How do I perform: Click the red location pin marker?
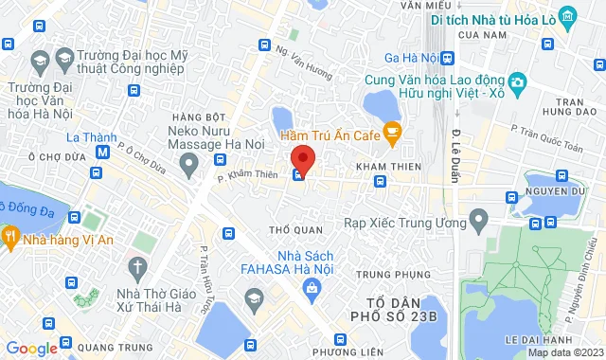click(x=302, y=157)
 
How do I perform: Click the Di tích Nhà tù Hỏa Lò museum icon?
click(x=567, y=16)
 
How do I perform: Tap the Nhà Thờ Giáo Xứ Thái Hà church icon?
click(x=137, y=266)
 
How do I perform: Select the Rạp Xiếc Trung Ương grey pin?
click(x=478, y=222)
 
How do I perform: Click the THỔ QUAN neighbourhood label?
click(x=290, y=229)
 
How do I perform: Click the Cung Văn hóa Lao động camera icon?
click(x=517, y=83)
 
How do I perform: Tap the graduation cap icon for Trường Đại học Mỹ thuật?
click(x=39, y=63)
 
